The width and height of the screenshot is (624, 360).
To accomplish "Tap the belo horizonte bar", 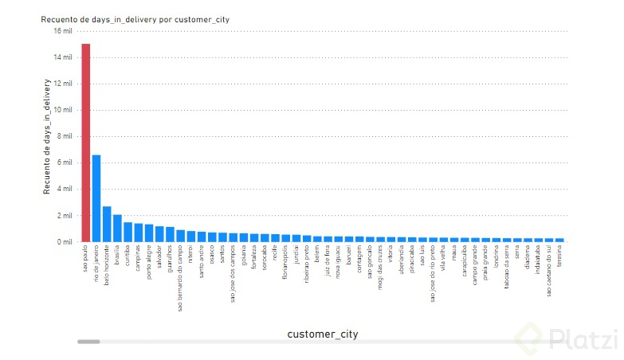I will (x=107, y=224).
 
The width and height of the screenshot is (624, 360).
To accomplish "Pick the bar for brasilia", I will (x=117, y=228).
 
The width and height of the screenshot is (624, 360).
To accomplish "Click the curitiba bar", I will (x=128, y=232).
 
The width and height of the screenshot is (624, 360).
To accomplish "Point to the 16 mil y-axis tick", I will (x=63, y=31).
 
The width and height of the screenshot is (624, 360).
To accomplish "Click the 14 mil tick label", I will (x=63, y=57).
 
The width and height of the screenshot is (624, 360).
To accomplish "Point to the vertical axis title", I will (x=47, y=136).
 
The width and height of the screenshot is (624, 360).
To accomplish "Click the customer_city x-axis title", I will (x=322, y=335).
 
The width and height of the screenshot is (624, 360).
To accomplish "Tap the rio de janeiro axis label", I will (x=96, y=266).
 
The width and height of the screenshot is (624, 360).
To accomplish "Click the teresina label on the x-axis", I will (x=560, y=260).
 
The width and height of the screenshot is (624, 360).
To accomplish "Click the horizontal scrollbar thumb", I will (x=88, y=341).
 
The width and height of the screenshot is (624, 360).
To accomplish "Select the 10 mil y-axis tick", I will (x=63, y=110).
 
